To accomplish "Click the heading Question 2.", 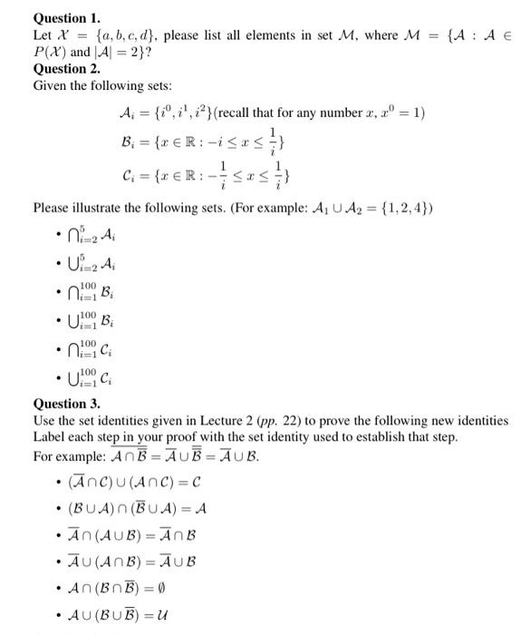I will pos(67,68).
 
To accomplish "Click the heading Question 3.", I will pos(67,404).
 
